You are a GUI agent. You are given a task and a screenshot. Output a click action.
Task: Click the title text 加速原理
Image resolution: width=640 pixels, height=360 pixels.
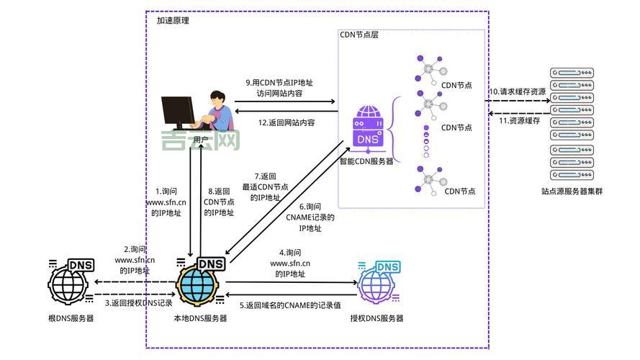pos(173,21)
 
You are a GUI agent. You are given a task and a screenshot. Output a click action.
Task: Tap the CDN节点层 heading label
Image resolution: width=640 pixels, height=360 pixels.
pos(359,35)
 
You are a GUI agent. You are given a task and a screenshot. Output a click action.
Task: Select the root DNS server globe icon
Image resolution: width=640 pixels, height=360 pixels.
pos(69,282)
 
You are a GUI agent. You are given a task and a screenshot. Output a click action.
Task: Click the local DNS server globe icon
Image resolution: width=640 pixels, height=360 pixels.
pos(199,282)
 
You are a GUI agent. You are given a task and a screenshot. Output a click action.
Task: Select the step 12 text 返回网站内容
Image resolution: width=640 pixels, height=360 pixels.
pos(287,122)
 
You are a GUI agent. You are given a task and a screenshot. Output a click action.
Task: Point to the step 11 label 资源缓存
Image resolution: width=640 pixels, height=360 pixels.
pos(519,120)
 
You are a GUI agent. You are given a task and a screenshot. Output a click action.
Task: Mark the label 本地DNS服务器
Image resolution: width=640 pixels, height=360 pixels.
pos(200,318)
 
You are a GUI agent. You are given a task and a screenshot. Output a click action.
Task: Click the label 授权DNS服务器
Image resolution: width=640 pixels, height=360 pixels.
pos(377,318)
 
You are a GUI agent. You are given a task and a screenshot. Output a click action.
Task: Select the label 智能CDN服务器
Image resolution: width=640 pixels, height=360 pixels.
pos(366,161)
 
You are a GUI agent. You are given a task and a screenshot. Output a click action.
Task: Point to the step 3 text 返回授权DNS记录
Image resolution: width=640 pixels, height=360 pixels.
pos(138,303)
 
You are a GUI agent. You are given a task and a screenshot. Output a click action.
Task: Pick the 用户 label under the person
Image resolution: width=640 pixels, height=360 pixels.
pos(201,139)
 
